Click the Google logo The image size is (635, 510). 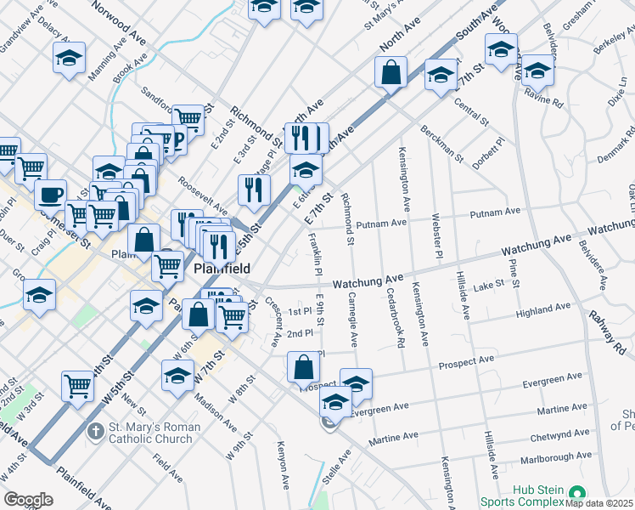pyautogui.click(x=28, y=500)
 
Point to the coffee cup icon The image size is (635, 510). pyautogui.click(x=51, y=194)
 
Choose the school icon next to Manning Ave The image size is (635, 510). pyautogui.click(x=69, y=58)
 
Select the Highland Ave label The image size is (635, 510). pyautogui.click(x=542, y=311)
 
